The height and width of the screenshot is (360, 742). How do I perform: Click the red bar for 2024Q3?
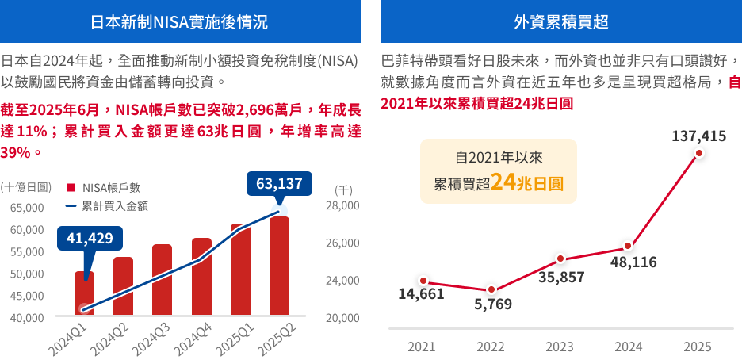pyautogui.click(x=162, y=281)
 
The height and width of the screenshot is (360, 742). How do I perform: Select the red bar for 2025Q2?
pyautogui.click(x=279, y=266)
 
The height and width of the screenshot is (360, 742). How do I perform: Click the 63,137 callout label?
pyautogui.click(x=279, y=184)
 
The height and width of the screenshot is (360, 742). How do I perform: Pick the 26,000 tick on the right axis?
pyautogui.click(x=343, y=243)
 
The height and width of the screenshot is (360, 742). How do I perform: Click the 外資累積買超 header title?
pyautogui.click(x=561, y=21)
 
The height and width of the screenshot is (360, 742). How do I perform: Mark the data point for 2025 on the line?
pyautogui.click(x=698, y=154)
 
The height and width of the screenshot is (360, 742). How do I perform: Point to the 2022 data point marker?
pyautogui.click(x=491, y=290)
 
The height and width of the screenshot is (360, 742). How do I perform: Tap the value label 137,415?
pyautogui.click(x=698, y=136)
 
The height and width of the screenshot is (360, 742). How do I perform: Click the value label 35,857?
pyautogui.click(x=561, y=278)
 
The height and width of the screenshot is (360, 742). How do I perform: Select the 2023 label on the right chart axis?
pyautogui.click(x=560, y=347)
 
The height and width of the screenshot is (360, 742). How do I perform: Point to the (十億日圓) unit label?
pyautogui.click(x=26, y=187)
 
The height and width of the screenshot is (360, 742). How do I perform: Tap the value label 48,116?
pyautogui.click(x=633, y=262)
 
